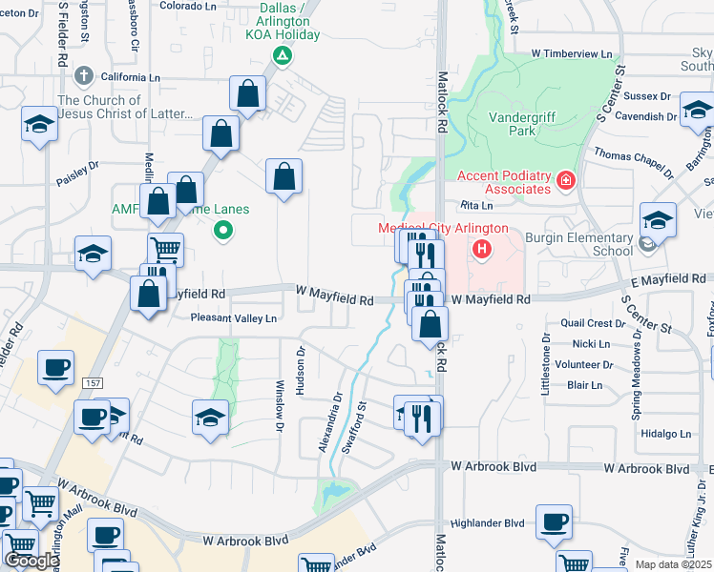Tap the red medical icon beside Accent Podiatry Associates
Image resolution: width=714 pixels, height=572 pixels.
[x=566, y=179]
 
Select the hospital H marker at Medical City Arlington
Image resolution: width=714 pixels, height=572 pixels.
[x=482, y=250]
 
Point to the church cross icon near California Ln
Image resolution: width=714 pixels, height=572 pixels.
[x=83, y=75]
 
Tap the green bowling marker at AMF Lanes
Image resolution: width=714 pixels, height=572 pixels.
[x=223, y=229]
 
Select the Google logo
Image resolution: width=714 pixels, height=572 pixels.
[x=31, y=560]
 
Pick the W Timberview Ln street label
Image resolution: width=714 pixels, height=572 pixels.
[x=572, y=54]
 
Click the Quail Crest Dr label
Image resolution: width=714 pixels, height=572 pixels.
[x=593, y=323]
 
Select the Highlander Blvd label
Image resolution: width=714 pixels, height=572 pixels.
[x=488, y=522]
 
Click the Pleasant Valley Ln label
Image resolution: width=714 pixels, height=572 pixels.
[x=233, y=317]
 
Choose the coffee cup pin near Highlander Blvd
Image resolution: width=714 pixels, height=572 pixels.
[x=554, y=521]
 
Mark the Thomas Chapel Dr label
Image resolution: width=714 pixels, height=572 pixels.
[x=634, y=162]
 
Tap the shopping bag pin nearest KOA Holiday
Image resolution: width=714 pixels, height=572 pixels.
[x=247, y=93]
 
